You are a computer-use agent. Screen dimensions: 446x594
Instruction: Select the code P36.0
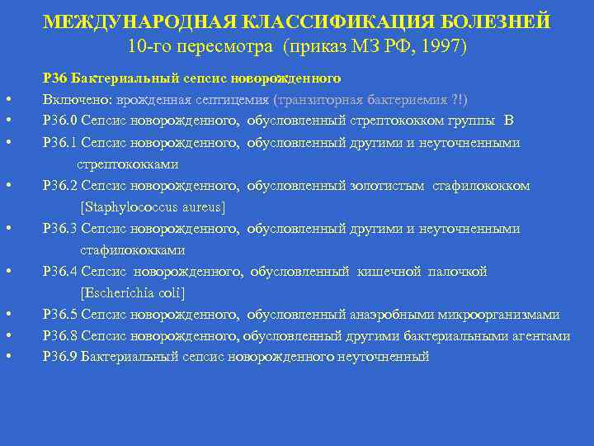[58, 121]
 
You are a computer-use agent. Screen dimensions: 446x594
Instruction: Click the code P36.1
[58, 143]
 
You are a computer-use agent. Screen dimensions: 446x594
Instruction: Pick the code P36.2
[58, 186]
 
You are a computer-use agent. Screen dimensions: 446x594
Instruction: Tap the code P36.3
[58, 229]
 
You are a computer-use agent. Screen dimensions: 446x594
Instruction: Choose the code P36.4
[58, 272]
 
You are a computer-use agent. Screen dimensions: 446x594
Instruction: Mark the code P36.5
[58, 315]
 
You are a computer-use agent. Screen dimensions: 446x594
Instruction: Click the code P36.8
[58, 336]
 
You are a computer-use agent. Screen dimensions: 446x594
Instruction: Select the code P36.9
[58, 358]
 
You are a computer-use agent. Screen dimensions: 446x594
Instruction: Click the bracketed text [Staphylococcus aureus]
[153, 207]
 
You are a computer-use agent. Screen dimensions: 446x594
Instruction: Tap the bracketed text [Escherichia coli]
[133, 293]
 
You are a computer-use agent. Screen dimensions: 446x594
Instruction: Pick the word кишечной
[389, 272]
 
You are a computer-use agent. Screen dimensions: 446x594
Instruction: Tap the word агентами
[540, 336]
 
